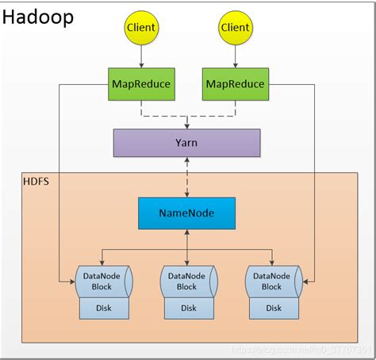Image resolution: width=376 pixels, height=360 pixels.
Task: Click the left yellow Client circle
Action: (x=140, y=28)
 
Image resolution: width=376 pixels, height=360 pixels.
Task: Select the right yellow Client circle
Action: (x=235, y=28)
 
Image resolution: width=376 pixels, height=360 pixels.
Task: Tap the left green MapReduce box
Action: (x=140, y=83)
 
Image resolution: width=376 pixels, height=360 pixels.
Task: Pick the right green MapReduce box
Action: (x=235, y=83)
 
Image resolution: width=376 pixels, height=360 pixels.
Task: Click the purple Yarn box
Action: (x=187, y=143)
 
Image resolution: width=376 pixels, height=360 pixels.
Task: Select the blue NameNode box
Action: (x=187, y=213)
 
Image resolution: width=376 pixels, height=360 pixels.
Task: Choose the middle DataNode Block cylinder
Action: (x=187, y=281)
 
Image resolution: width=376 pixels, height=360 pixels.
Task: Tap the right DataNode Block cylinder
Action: (x=271, y=281)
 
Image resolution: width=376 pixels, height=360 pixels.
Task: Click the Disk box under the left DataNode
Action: (x=103, y=308)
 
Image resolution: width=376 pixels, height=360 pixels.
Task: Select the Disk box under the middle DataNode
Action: (x=187, y=308)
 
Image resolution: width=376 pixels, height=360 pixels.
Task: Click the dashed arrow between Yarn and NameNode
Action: (x=187, y=178)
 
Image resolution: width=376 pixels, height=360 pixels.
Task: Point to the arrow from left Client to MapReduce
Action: (x=140, y=55)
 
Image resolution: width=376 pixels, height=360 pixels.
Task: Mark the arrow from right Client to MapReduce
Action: (x=235, y=55)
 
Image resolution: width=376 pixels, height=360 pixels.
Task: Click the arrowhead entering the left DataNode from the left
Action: (x=70, y=281)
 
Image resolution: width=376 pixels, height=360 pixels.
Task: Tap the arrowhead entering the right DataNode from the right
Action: (x=305, y=281)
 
